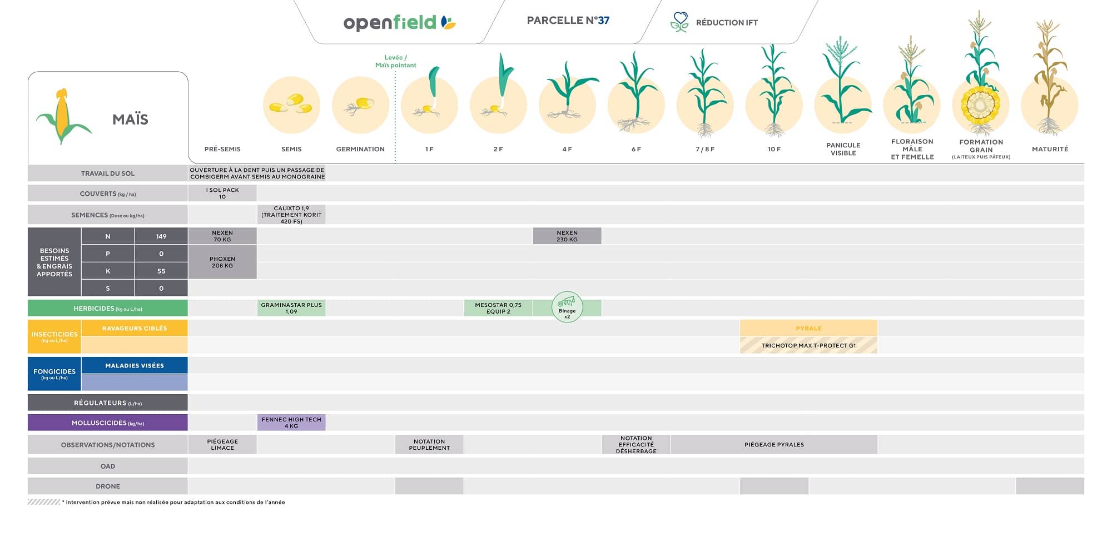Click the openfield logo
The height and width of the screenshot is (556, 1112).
pos(399,22)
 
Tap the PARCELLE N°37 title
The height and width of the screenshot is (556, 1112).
pos(568,21)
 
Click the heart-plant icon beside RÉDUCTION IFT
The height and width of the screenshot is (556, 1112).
pos(679,22)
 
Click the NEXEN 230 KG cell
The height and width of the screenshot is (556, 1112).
pos(567,236)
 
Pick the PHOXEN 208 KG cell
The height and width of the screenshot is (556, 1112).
pos(222,262)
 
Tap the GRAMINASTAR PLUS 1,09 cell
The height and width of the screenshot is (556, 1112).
pos(291,308)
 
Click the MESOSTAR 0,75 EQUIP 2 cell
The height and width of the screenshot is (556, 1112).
pos(498,308)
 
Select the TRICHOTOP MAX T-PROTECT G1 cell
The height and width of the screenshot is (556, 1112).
pos(808,345)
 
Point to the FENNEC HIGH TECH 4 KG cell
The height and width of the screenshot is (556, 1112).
pos(291,423)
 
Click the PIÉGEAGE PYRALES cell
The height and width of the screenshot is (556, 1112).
pos(774,444)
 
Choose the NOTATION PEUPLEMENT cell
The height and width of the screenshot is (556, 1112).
pos(429,444)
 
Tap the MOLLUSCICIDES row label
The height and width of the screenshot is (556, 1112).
pos(108,423)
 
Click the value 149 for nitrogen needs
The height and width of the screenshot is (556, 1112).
pos(161,236)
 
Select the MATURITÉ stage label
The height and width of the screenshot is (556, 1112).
pos(1050,149)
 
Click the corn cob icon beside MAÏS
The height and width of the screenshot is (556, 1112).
pos(62,116)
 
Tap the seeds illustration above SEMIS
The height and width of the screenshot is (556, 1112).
pos(291,105)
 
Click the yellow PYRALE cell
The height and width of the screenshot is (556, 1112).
pos(808,328)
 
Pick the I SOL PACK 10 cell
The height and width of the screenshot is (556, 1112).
pos(222,193)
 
